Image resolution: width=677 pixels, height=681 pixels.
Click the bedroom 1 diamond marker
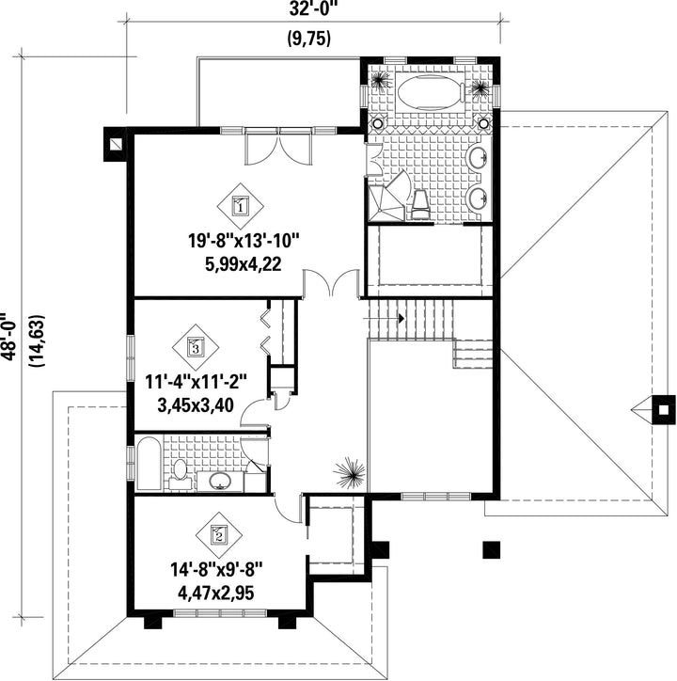click(241, 206)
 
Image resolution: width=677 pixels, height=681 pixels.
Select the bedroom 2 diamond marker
click(219, 535)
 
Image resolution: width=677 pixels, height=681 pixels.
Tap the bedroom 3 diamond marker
click(196, 347)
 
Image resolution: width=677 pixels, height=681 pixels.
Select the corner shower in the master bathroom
click(387, 198)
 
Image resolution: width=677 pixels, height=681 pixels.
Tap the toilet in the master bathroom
click(420, 204)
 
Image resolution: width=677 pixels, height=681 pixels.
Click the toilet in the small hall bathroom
click(181, 476)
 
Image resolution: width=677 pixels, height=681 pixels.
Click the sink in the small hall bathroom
click(220, 481)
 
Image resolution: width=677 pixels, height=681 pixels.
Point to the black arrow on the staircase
click(401, 318)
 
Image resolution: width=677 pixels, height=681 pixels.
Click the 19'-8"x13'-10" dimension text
click(244, 241)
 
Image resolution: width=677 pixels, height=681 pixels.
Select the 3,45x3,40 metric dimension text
click(196, 405)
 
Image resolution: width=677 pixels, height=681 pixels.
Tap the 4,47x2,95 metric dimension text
click(216, 593)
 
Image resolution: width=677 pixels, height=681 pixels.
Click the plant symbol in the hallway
click(350, 473)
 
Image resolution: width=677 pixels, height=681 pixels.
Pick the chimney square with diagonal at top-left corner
click(116, 144)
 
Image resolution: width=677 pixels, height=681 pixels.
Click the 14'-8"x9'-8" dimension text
click(216, 569)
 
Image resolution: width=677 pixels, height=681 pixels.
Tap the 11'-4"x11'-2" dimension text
click(196, 382)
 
